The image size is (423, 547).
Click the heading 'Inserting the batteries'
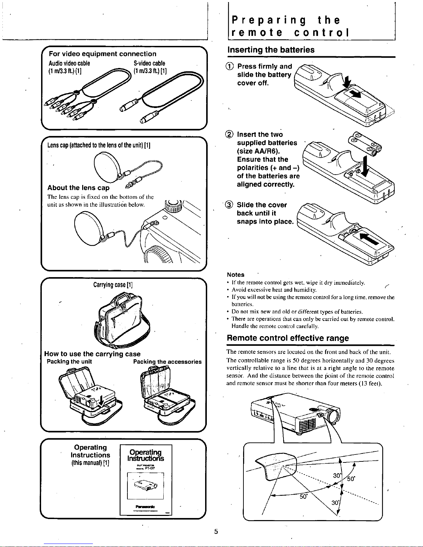click(x=271, y=50)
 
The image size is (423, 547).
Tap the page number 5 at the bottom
click(x=215, y=531)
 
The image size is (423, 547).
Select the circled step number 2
click(x=230, y=135)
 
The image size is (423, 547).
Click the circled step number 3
click(x=230, y=205)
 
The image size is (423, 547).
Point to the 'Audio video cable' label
click(x=69, y=63)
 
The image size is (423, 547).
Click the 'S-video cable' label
click(x=149, y=63)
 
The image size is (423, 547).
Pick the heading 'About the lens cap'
click(x=78, y=188)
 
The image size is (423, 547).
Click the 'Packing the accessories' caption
click(x=167, y=362)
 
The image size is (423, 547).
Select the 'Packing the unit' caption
click(x=69, y=362)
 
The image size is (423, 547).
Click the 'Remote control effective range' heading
click(x=288, y=338)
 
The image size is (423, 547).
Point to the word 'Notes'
click(x=235, y=275)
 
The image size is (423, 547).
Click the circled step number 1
click(x=230, y=67)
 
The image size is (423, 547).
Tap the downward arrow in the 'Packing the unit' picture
click(x=101, y=401)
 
